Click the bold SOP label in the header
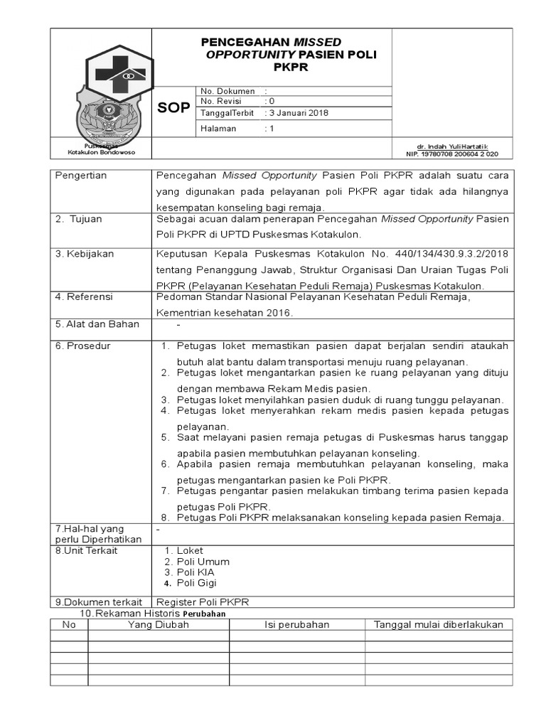(173, 107)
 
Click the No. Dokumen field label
(227, 91)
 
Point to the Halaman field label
(218, 129)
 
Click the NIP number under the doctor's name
(451, 154)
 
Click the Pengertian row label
(81, 176)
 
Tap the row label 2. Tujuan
(79, 219)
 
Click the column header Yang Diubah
(158, 625)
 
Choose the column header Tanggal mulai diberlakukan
(439, 625)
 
